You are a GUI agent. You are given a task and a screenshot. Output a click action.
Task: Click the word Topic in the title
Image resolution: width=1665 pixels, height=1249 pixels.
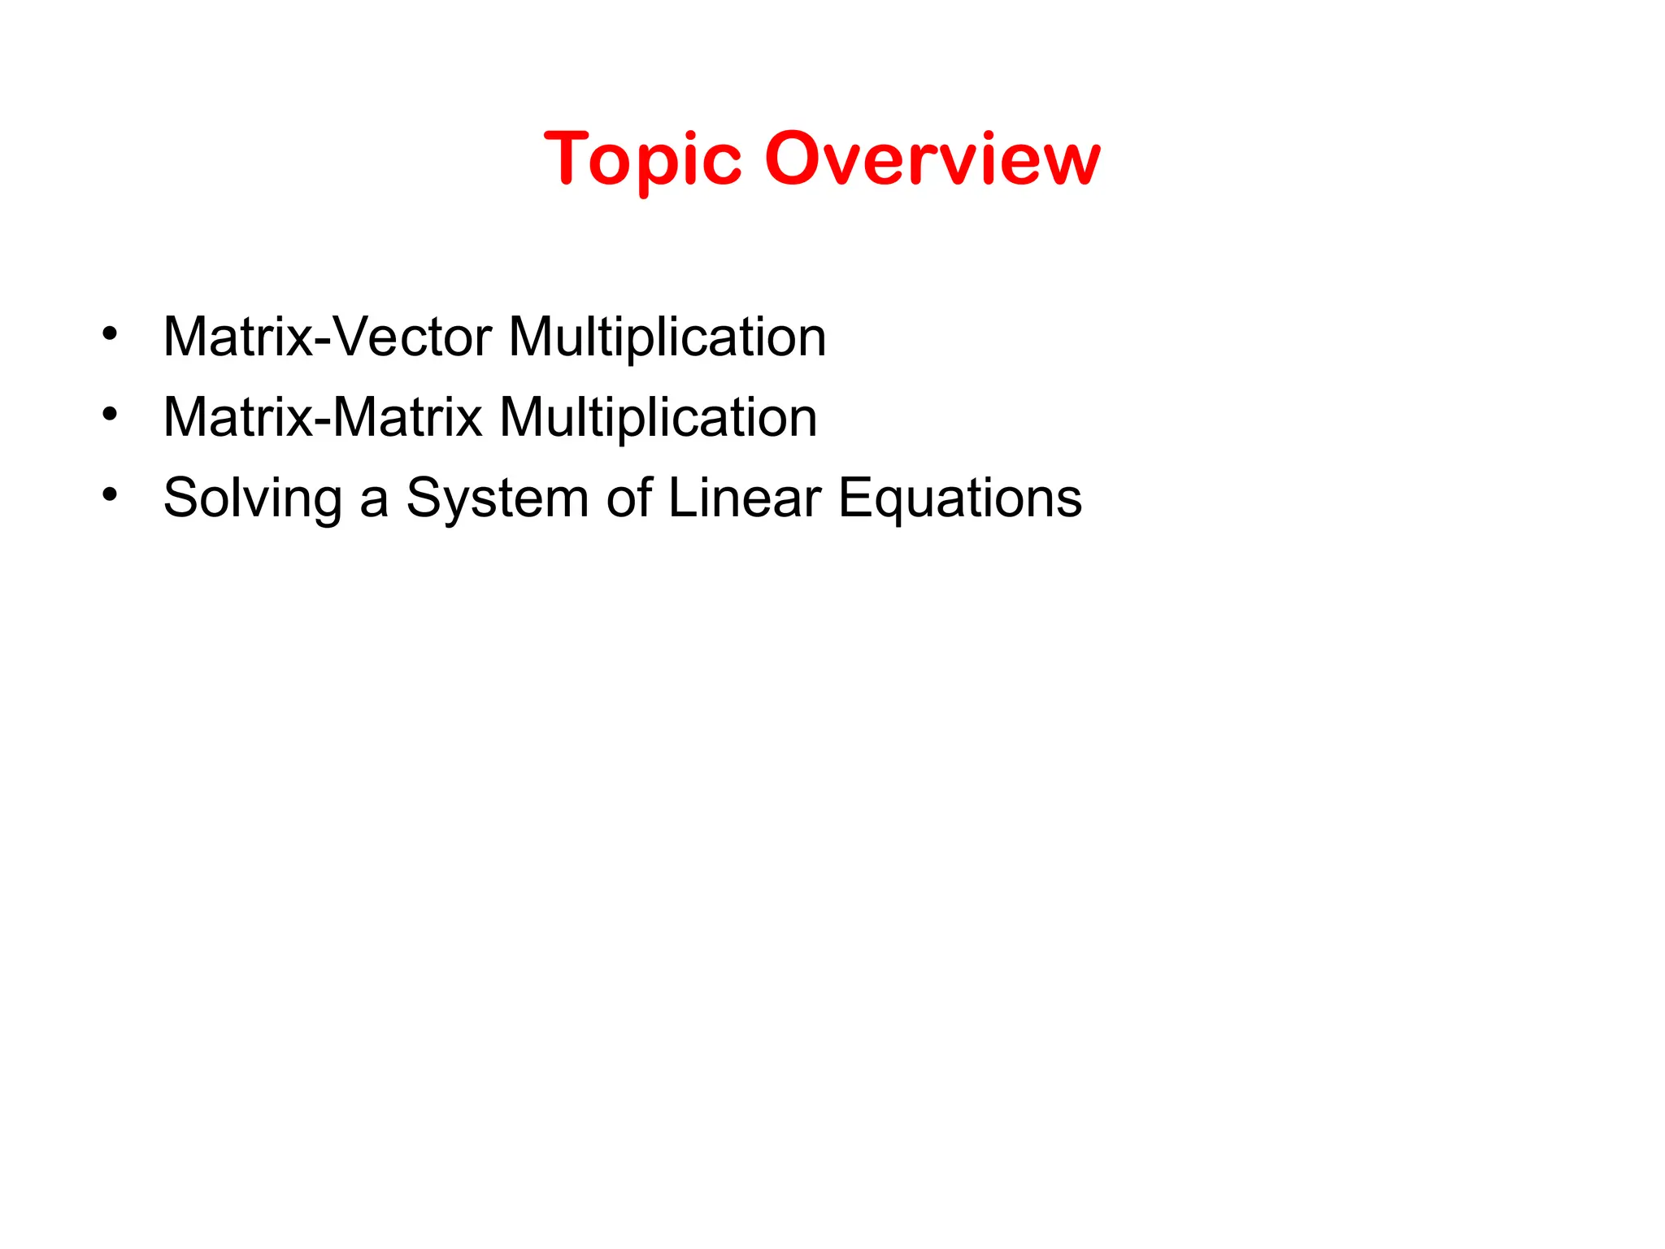[x=642, y=159]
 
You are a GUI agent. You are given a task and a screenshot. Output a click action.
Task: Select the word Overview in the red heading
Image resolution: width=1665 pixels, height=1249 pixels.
[x=932, y=159]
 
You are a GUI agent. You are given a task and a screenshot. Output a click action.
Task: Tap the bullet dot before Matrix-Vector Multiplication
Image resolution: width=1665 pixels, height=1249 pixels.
[x=111, y=333]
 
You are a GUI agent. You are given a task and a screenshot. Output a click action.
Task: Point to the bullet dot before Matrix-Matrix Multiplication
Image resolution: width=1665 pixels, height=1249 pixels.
[x=111, y=415]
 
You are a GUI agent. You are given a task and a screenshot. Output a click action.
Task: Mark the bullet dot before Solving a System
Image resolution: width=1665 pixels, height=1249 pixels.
[x=111, y=494]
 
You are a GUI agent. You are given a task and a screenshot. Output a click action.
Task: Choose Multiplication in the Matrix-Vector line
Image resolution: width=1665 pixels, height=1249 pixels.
[x=667, y=337]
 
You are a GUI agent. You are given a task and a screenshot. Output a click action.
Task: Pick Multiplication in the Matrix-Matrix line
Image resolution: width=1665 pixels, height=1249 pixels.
[x=658, y=417]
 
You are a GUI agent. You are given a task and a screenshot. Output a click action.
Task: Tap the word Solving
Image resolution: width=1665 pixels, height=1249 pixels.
[x=252, y=498]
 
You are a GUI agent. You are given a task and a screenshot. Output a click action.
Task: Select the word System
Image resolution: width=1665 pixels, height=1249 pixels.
[x=497, y=498]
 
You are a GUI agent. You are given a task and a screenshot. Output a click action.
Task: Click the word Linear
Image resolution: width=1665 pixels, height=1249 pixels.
[x=744, y=498]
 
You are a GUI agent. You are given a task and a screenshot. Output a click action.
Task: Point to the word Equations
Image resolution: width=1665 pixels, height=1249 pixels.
[x=960, y=498]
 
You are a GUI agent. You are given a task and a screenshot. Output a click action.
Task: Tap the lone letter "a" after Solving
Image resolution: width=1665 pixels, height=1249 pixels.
[x=373, y=499]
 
